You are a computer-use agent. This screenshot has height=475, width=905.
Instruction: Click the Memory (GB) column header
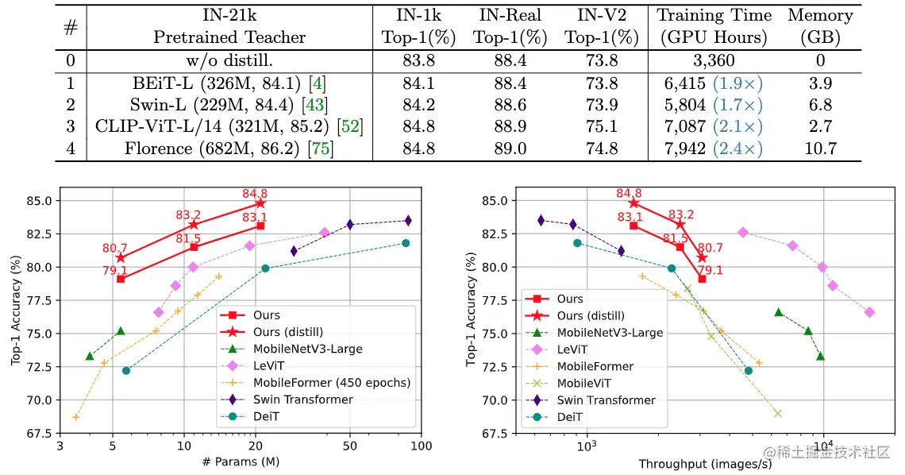(820, 26)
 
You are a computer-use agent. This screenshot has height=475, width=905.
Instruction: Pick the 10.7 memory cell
(820, 148)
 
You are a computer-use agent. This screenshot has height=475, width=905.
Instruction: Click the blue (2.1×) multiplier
(737, 126)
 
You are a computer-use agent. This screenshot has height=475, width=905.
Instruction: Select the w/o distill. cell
(229, 60)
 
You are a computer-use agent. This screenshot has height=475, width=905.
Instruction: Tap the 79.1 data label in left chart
(115, 270)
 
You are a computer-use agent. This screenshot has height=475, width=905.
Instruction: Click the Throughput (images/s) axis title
(705, 463)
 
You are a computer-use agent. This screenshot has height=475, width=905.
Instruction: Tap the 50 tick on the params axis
(350, 446)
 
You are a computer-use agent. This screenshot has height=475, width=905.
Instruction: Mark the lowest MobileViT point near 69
(778, 413)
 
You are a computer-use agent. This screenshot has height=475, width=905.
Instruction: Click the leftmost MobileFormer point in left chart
(76, 417)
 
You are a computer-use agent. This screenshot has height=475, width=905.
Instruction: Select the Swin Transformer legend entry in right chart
(603, 400)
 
